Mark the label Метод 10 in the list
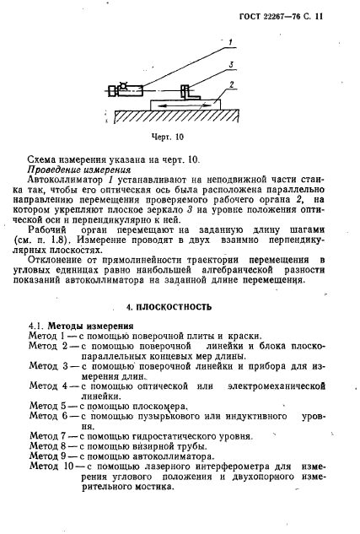tap(54, 466)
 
